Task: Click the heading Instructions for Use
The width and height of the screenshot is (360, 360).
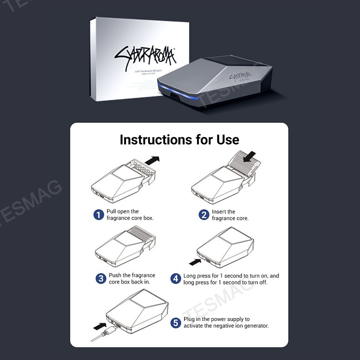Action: point(179,139)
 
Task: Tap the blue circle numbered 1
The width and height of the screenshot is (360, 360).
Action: point(99,215)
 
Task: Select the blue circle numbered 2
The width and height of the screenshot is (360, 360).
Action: point(204,215)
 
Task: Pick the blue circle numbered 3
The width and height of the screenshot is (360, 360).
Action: point(101,279)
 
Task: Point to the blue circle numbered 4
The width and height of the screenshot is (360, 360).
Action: point(175,279)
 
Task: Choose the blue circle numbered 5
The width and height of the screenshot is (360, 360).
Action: point(176,323)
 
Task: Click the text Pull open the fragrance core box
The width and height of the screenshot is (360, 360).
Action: point(130,215)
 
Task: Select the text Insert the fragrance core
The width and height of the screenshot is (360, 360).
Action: point(230,215)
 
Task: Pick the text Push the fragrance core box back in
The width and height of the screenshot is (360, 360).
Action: point(131,279)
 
